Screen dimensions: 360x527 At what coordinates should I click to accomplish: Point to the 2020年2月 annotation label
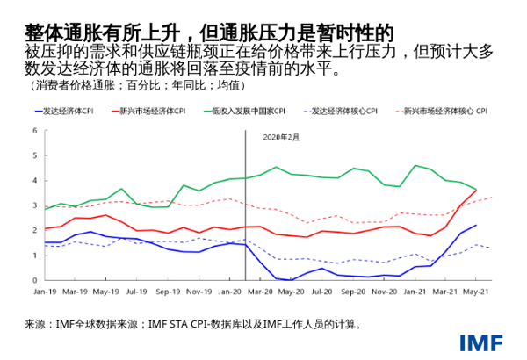click(x=281, y=138)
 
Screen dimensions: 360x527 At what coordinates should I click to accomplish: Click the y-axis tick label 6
click(x=34, y=131)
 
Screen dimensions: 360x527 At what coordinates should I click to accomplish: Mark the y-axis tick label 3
click(x=34, y=205)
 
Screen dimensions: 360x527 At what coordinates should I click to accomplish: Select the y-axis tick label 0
click(x=34, y=280)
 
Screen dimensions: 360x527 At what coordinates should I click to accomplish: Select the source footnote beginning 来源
click(x=193, y=324)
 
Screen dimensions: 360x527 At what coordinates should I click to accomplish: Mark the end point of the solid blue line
click(x=476, y=225)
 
